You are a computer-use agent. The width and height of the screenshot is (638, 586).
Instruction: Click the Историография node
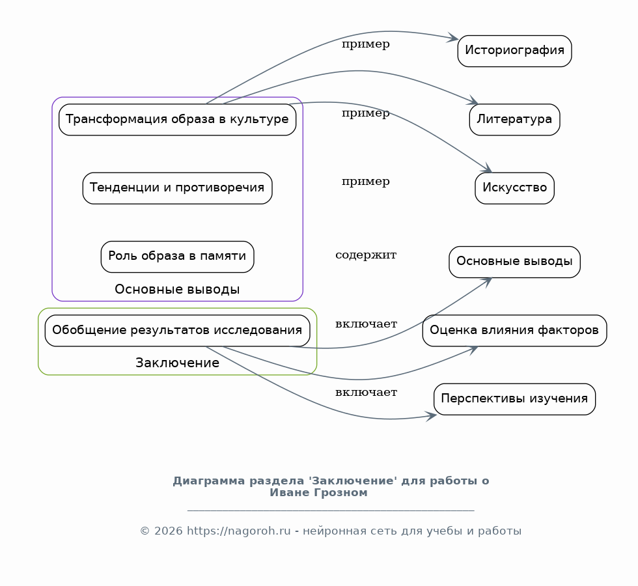514,51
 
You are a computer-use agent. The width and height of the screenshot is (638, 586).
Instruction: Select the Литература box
514,120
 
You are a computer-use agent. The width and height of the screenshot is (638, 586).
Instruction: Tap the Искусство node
514,188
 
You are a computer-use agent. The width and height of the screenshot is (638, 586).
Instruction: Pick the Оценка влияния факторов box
514,331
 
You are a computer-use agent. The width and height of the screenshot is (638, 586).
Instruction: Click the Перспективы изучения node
514,399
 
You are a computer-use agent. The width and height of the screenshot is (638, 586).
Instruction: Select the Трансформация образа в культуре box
177,120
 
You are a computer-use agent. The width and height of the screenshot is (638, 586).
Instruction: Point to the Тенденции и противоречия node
177,188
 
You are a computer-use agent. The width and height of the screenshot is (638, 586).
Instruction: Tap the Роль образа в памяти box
177,257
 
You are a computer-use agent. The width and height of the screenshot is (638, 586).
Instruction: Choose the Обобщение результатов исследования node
177,331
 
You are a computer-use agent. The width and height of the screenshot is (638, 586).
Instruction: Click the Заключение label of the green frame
177,363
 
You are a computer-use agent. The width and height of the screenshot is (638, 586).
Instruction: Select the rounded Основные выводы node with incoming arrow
514,262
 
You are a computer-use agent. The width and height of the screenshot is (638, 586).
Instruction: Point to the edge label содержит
366,255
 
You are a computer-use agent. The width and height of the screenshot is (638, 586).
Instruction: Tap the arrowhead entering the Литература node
473,102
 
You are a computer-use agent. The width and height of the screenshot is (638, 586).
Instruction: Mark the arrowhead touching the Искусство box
487,169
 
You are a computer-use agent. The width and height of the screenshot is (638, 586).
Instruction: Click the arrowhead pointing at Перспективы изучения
431,416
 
